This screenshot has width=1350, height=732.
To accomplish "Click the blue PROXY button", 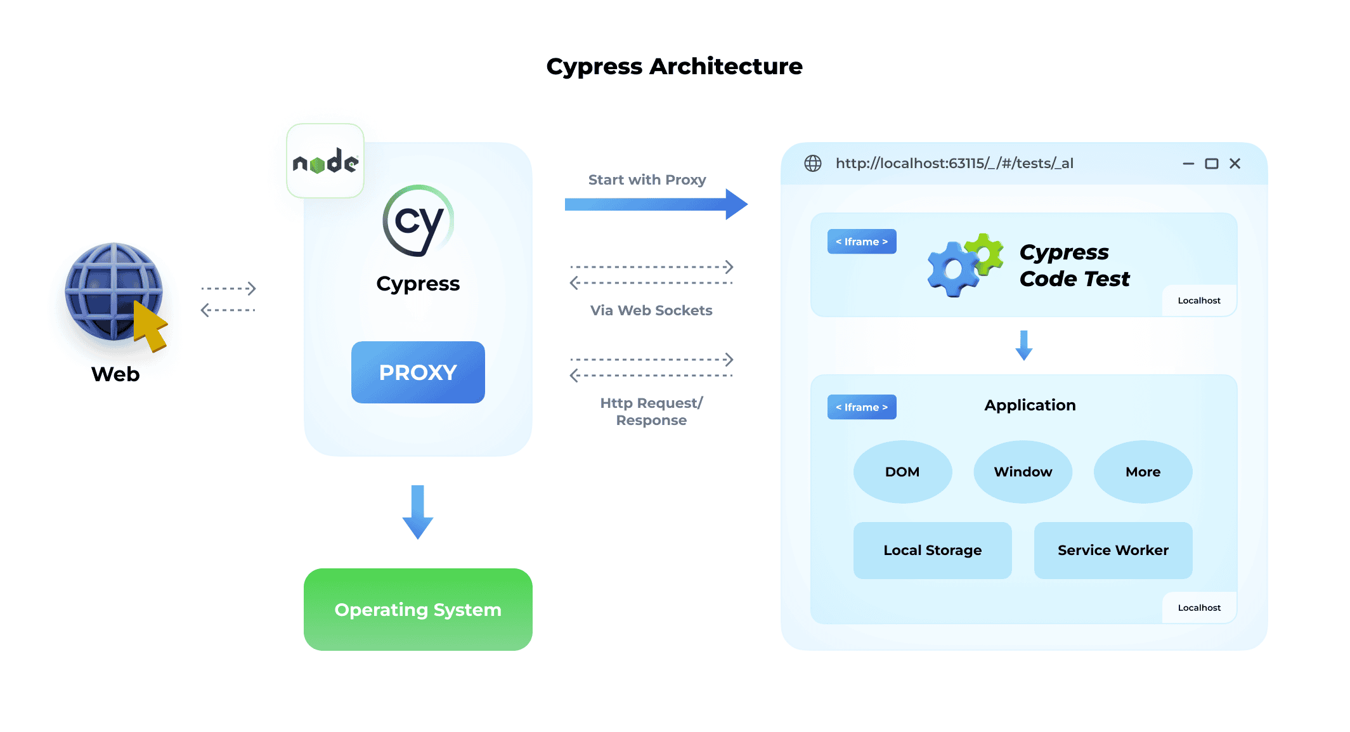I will pos(418,372).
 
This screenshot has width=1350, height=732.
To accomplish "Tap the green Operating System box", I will pos(418,609).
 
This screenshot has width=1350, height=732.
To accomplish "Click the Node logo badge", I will pos(325,162).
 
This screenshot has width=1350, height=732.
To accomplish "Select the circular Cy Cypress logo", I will pos(418,221).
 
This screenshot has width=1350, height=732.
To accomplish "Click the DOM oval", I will pos(902,472).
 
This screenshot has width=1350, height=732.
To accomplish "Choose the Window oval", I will pos(1023,472).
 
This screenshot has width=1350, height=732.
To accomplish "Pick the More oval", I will pos(1143,472).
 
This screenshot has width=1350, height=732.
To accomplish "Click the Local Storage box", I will pos(932,550).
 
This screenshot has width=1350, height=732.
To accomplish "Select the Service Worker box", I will pos(1113,550).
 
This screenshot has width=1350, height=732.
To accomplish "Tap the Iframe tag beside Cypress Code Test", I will pos(862,242).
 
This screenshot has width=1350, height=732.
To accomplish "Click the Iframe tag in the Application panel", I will pos(862,407).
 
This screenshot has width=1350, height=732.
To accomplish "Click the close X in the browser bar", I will pos(1235,164).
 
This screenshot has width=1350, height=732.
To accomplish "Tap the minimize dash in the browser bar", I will pos(1188,164).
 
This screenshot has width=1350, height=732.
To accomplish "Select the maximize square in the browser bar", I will pos(1211,164).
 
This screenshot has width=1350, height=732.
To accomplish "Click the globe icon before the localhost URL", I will pos(813,164).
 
